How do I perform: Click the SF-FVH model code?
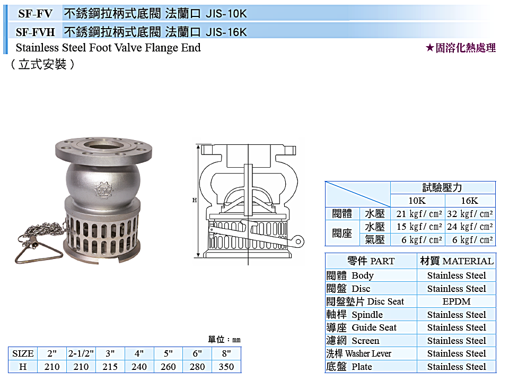point(36,32)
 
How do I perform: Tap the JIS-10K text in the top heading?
point(226,14)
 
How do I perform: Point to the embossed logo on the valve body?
point(103,191)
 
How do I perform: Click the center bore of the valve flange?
point(103,145)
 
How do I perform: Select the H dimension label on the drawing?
point(195,200)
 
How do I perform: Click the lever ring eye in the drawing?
point(298,241)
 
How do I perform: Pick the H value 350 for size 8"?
point(226,367)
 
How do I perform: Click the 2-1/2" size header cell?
point(81,353)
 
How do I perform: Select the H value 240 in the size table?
point(139,367)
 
